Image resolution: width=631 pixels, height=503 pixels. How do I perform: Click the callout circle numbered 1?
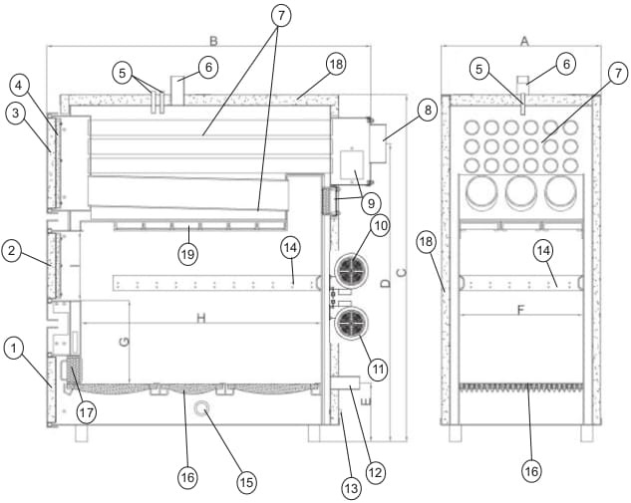pos(12,349)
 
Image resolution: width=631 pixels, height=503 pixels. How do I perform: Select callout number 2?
pos(12,252)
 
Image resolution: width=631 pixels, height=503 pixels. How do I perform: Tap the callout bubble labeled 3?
pos(15,113)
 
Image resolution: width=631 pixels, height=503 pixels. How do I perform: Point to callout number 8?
pos(427,110)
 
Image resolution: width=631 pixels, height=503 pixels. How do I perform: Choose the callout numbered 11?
pos(377,368)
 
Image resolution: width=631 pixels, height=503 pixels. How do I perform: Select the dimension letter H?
pos(201,318)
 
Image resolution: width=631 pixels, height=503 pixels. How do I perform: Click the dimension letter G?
pos(125,342)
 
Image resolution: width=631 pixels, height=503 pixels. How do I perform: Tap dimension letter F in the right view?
pos(520,310)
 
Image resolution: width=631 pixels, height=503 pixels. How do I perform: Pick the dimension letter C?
pos(400,272)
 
